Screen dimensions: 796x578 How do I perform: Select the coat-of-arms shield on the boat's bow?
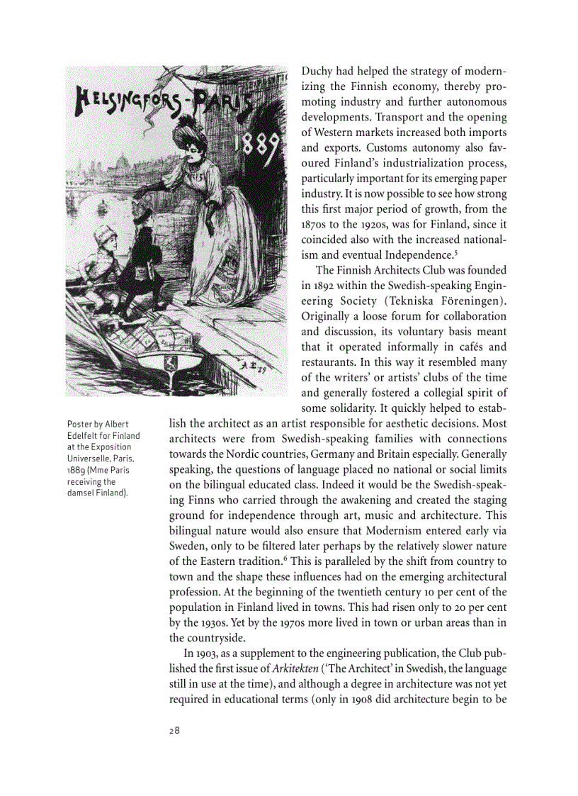point(171,364)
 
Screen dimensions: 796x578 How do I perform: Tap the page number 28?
point(174,731)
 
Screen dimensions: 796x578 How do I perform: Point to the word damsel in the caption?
point(81,493)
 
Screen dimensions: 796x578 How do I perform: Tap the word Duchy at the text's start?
point(318,72)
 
